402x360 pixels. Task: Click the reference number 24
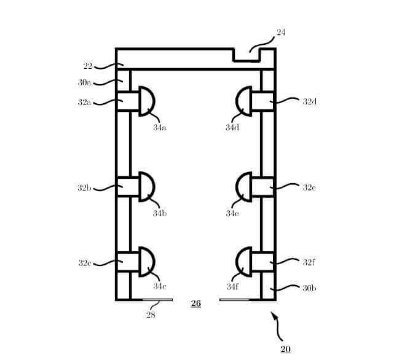281,33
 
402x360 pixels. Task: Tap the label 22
88,66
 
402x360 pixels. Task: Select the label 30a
84,82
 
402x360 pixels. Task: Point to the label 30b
309,288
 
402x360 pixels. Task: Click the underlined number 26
196,303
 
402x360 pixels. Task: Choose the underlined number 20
285,350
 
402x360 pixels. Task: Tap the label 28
151,315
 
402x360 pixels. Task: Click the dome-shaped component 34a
147,101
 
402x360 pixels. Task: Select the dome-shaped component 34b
147,187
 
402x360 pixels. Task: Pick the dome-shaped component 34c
147,262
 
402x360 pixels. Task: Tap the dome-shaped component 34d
244,101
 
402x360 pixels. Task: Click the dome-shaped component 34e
244,187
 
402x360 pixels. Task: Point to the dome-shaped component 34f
244,262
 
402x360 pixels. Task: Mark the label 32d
309,102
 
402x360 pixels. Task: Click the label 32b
84,188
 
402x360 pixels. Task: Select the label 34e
232,213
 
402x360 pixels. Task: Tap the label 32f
309,262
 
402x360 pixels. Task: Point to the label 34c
159,286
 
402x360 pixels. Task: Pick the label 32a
84,102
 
